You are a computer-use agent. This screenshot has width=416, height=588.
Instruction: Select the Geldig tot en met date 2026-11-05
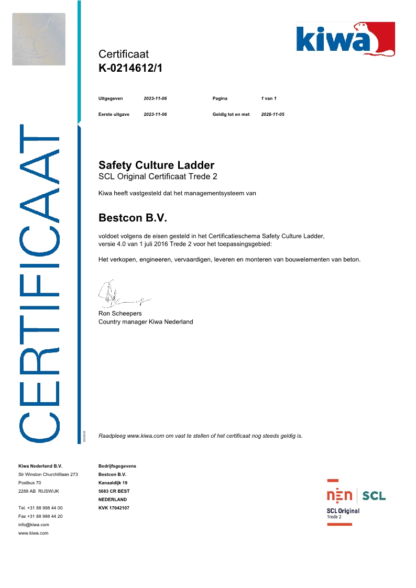tap(272, 114)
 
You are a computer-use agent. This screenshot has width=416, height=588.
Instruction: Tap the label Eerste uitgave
tap(114, 114)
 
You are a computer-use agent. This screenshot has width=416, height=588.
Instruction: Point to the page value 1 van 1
tap(268, 98)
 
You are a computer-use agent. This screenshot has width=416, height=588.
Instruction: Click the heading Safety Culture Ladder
tap(156, 165)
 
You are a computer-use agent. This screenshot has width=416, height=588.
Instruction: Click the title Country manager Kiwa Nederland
tap(146, 322)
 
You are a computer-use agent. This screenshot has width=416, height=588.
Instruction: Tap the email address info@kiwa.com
tap(34, 525)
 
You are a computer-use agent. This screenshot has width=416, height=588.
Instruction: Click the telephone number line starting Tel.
tap(40, 508)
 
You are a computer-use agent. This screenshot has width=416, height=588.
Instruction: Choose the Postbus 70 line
tap(29, 483)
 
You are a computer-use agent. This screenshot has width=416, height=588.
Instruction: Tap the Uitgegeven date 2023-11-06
tap(155, 98)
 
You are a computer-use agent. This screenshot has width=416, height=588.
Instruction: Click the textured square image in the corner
tap(39, 39)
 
